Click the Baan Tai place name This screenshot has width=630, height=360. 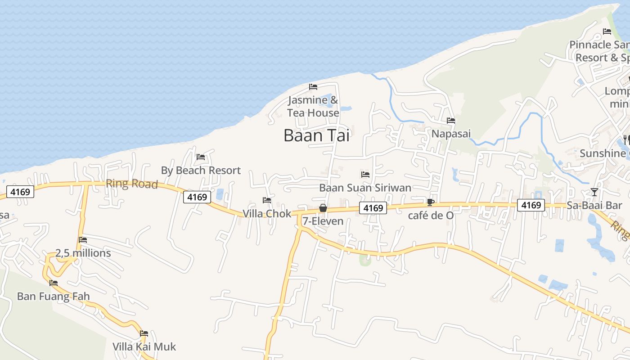click(x=316, y=135)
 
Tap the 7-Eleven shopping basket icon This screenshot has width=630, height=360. click(x=323, y=208)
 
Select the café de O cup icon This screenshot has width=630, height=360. click(x=430, y=202)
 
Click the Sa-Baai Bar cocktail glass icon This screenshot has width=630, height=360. click(x=594, y=192)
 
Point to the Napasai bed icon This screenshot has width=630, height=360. click(x=450, y=121)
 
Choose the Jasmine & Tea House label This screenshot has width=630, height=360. click(x=313, y=107)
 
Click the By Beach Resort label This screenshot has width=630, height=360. click(x=201, y=171)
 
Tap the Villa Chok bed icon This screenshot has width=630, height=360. click(x=267, y=200)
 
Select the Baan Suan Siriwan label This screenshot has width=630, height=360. click(x=365, y=188)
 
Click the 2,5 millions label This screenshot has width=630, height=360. click(x=83, y=253)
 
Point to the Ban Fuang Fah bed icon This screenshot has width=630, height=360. click(x=54, y=283)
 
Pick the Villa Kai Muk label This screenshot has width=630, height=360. click(x=144, y=347)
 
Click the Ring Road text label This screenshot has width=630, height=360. click(x=132, y=184)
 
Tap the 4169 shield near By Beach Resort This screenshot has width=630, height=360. click(x=197, y=197)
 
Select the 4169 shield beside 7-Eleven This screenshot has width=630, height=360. click(x=373, y=208)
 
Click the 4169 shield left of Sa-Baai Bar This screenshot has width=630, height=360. click(x=531, y=205)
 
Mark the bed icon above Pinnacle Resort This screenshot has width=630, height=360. click(x=607, y=31)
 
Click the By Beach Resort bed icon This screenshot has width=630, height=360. click(x=201, y=157)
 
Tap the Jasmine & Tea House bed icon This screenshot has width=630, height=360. click(x=313, y=87)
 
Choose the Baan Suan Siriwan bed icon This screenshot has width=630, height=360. click(x=365, y=175)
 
